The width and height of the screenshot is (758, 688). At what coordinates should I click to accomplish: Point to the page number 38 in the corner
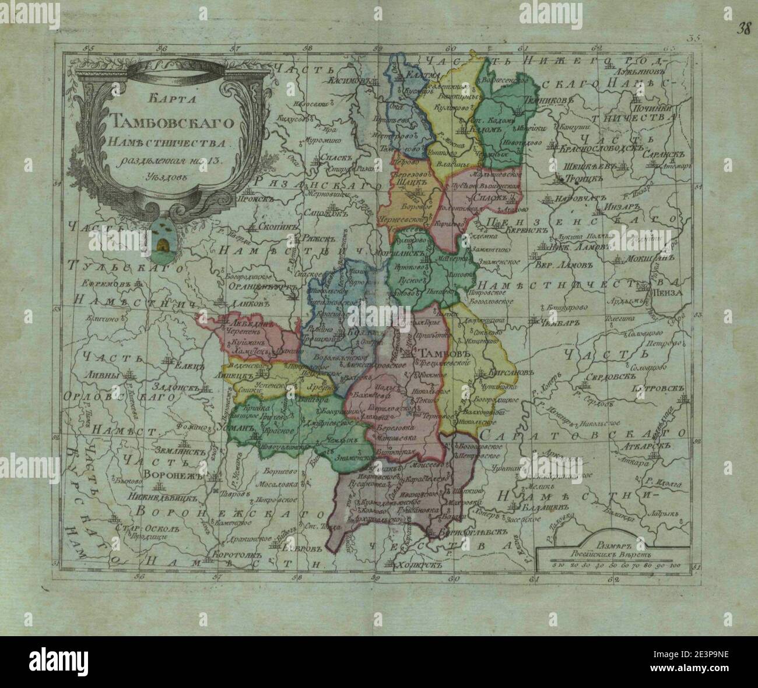tap(742, 12)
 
